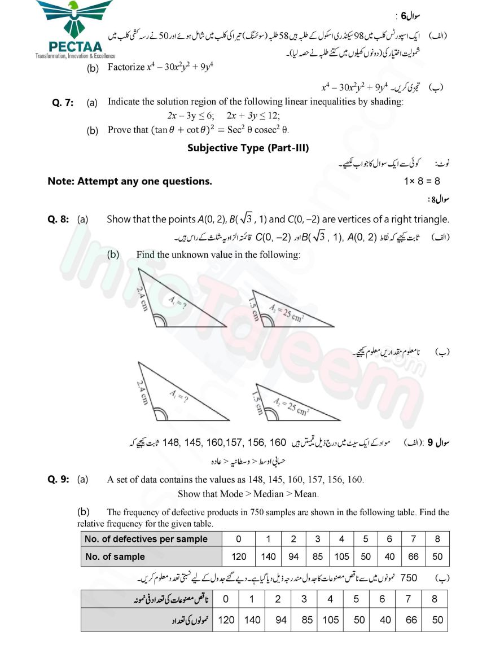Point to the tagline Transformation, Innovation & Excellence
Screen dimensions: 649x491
click(x=75, y=56)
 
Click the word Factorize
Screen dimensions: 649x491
click(x=126, y=68)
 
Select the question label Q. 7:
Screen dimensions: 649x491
click(x=63, y=102)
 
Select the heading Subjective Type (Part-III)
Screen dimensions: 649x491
click(x=248, y=148)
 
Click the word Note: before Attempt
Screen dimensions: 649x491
click(x=61, y=182)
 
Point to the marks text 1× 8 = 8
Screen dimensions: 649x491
click(x=422, y=182)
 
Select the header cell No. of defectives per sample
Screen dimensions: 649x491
click(x=146, y=539)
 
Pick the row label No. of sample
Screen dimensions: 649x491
click(x=115, y=556)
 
